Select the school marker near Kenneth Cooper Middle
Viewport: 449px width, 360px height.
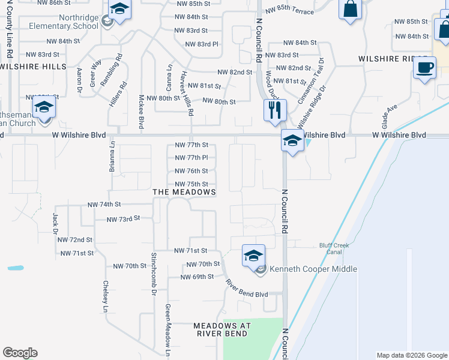tap(253, 256)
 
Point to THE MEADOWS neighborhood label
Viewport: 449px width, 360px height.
tap(184, 192)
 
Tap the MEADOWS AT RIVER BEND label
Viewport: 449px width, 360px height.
tap(222, 329)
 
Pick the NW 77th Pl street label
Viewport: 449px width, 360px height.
tap(191, 158)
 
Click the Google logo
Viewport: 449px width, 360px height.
tap(20, 353)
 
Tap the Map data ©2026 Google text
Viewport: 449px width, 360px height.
tap(411, 355)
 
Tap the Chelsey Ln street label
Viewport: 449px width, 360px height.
tap(106, 296)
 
